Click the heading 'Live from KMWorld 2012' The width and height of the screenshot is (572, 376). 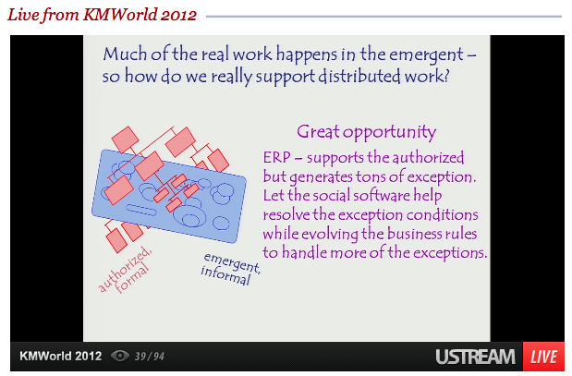(102, 15)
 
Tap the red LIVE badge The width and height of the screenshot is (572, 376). (543, 357)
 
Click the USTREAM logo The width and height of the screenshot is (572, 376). (475, 357)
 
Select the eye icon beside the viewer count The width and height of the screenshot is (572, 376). (120, 356)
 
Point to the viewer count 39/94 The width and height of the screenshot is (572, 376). (150, 357)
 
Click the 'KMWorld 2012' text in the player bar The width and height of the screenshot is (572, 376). (61, 356)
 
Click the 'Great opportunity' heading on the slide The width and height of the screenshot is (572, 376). (366, 132)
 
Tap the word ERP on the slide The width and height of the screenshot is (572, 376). (277, 158)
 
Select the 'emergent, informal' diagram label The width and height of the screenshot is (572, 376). (230, 269)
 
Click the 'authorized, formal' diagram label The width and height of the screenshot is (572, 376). (125, 271)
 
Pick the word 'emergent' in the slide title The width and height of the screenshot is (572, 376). (426, 55)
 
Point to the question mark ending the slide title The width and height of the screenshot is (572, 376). (445, 76)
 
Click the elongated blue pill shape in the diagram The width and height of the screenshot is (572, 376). (141, 210)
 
